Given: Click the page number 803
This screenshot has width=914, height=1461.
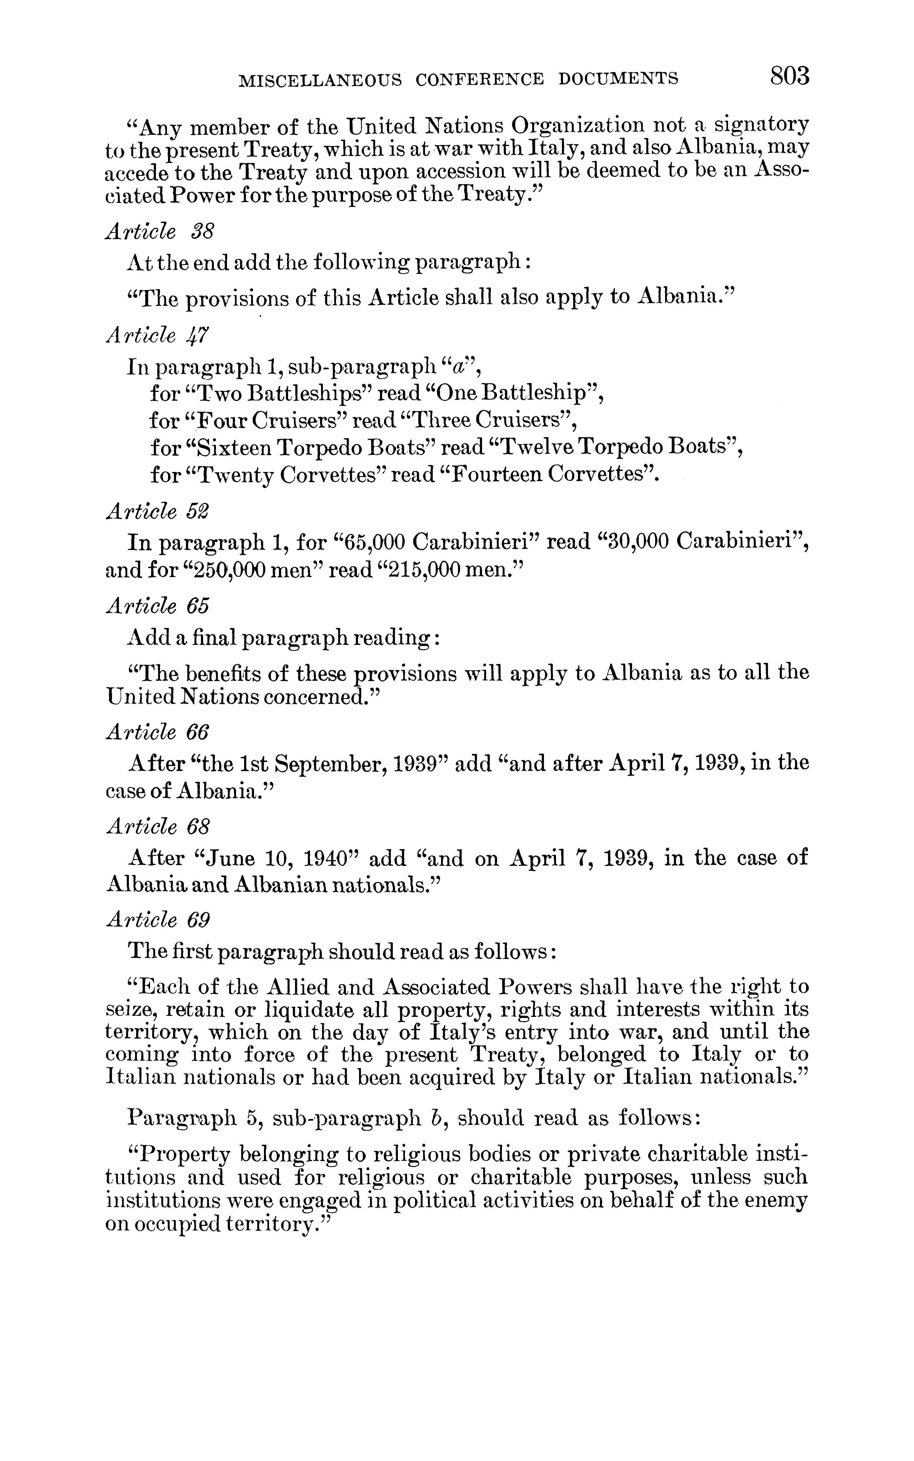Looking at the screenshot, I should (x=789, y=77).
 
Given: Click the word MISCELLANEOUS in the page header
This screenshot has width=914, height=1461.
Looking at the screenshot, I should (x=320, y=79).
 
